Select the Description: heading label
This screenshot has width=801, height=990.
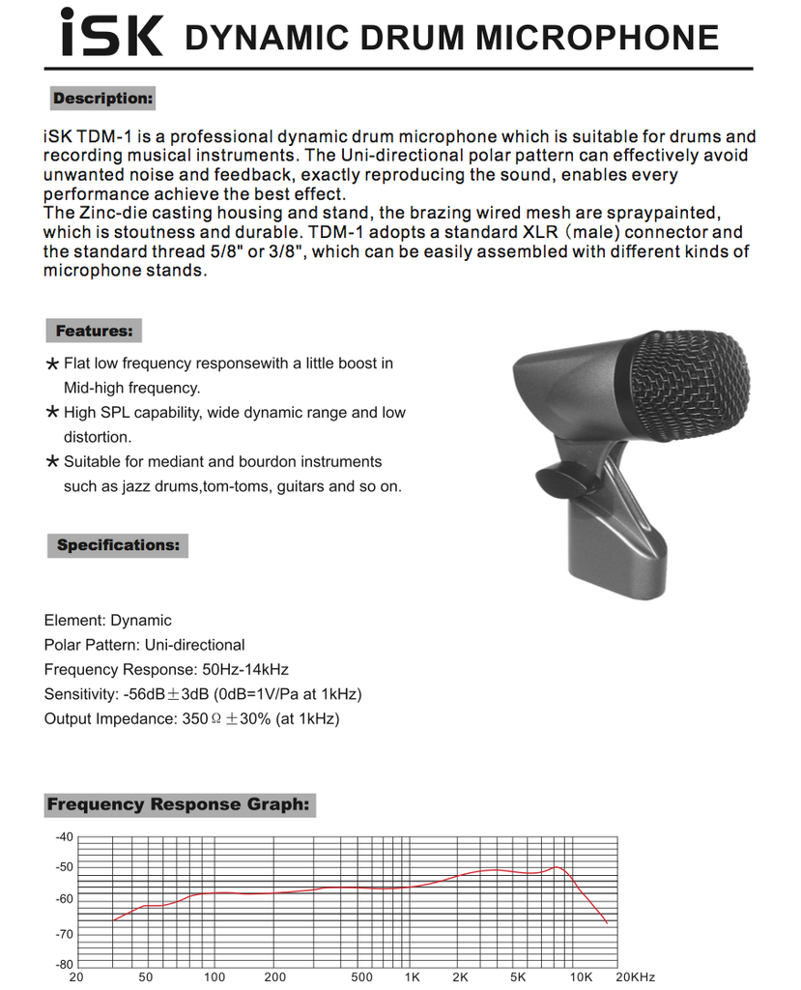pos(102,99)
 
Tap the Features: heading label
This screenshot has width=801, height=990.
pos(94,331)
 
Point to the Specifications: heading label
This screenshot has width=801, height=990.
pos(118,545)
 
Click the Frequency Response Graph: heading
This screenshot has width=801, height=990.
pos(179,804)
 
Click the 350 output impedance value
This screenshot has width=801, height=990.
pos(195,720)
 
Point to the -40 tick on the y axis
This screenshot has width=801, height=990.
pos(64,837)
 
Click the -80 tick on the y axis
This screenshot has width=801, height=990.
pos(64,965)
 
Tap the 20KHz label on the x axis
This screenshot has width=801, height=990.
pos(635,978)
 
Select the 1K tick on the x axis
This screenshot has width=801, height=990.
pos(412,978)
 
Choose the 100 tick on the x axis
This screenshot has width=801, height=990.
pos(215,978)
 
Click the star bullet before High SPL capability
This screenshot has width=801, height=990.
pos(52,413)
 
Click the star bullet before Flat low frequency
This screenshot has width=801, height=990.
pos(52,364)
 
